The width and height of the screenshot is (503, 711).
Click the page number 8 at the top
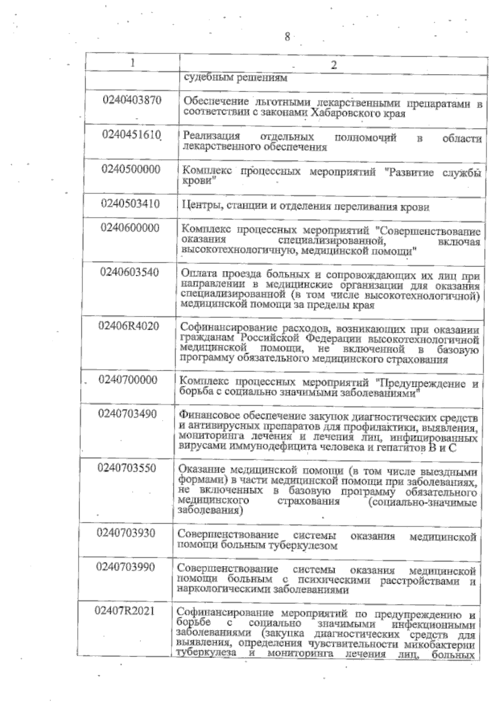[x=287, y=37]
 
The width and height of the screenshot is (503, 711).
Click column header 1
[x=132, y=63]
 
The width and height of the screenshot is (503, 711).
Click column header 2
[x=334, y=65]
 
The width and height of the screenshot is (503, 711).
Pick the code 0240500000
[x=131, y=169]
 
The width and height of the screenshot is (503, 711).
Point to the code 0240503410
[x=131, y=204]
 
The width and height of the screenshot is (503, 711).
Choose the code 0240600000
[x=130, y=228]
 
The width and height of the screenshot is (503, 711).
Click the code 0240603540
[x=130, y=272]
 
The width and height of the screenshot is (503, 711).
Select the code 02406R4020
[x=129, y=326]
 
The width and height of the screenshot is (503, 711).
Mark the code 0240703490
[x=128, y=414]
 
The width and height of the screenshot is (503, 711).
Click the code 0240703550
[x=127, y=468]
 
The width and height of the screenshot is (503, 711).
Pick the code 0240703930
[x=126, y=533]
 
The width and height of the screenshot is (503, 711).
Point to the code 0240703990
[x=126, y=567]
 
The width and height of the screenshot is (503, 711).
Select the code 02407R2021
[x=125, y=611]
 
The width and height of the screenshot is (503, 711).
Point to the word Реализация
[x=212, y=137]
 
